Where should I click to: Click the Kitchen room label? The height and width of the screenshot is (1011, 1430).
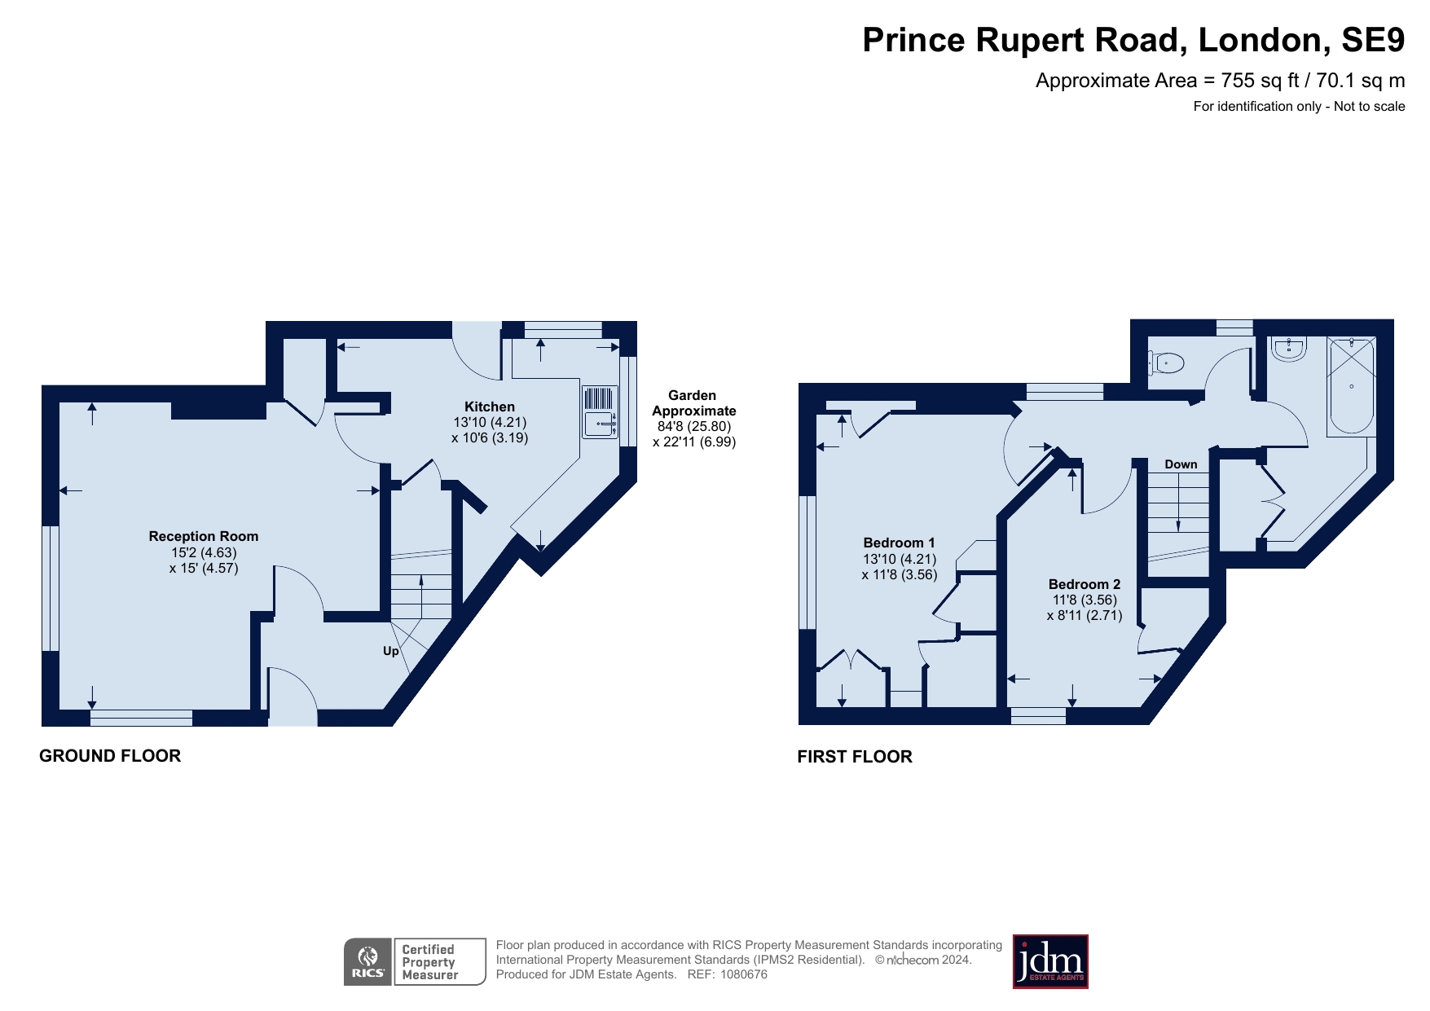tap(489, 407)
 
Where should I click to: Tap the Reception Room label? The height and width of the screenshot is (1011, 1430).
tap(203, 536)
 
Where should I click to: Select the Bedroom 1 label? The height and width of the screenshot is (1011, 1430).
tap(899, 543)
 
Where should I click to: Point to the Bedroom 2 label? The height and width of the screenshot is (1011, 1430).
tap(1084, 584)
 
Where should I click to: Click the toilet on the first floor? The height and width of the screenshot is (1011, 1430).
tap(1167, 362)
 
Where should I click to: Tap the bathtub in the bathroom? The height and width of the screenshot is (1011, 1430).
tap(1351, 386)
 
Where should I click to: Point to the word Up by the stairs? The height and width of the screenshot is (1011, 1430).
tap(391, 651)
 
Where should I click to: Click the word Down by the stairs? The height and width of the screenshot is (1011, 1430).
tap(1181, 464)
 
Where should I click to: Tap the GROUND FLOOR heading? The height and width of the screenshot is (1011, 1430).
tap(110, 756)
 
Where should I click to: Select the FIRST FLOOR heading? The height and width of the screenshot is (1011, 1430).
tap(854, 757)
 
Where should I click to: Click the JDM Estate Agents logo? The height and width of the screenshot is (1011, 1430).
tap(1049, 961)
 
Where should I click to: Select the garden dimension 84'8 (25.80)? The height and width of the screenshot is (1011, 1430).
tap(694, 426)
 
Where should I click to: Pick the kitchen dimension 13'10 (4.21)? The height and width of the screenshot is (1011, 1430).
tap(490, 422)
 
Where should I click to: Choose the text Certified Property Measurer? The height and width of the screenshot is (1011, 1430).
tap(429, 962)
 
